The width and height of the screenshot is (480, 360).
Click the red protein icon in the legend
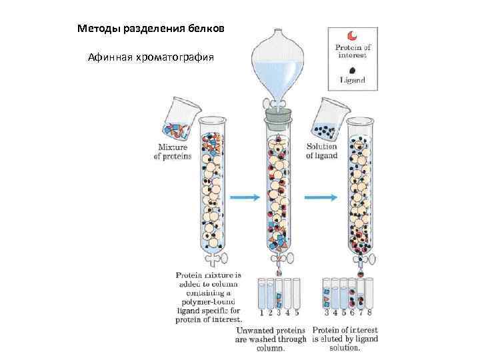click(353, 35)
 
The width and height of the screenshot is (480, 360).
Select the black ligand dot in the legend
click(353, 68)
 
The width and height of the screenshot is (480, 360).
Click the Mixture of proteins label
click(173, 151)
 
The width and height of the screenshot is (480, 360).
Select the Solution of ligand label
click(322, 151)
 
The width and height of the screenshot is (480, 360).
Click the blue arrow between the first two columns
click(244, 197)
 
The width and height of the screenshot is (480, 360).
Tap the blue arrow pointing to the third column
click(317, 197)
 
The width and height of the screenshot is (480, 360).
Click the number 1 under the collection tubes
click(261, 311)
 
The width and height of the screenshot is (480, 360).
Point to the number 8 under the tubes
click(369, 311)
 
